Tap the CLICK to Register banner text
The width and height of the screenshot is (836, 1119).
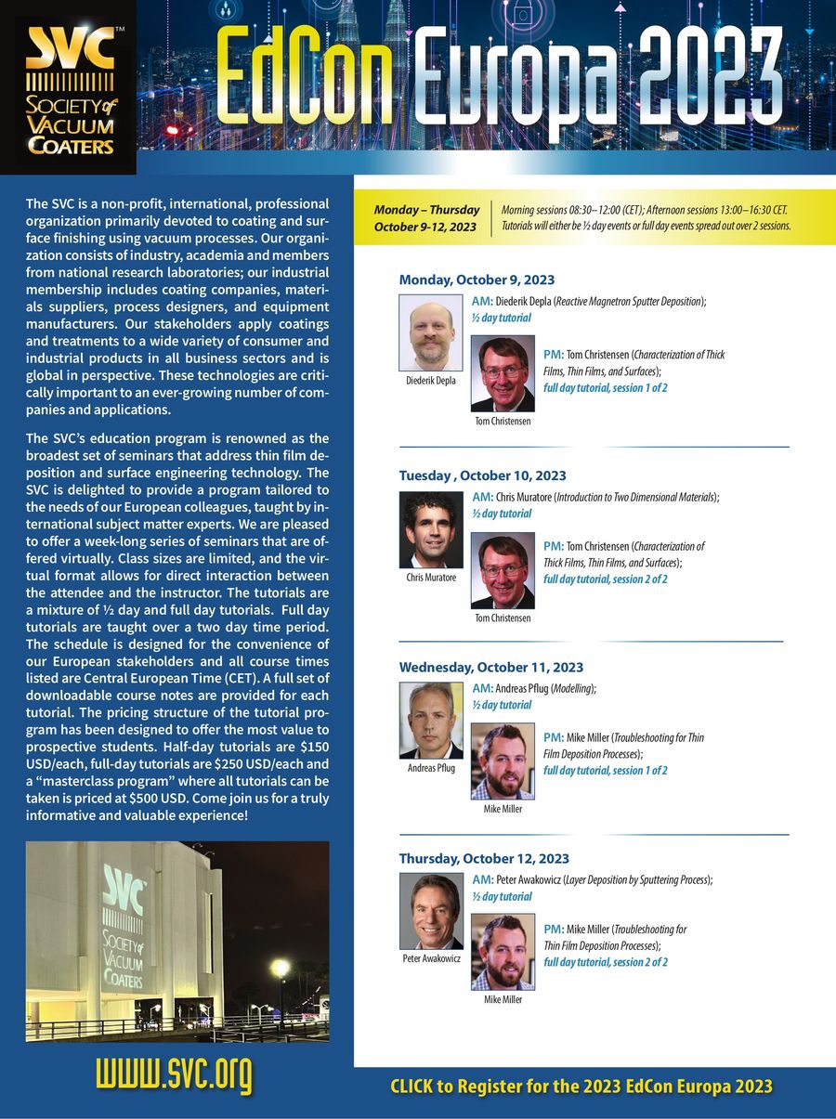(581, 1086)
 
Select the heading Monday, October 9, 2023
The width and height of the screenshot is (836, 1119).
(477, 280)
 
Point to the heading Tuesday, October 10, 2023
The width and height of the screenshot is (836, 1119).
(482, 475)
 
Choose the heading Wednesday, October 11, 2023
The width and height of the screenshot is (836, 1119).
(490, 667)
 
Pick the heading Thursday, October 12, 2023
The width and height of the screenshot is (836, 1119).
(484, 858)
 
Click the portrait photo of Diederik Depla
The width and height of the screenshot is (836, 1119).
(431, 332)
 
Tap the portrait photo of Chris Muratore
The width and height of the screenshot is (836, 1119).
(431, 529)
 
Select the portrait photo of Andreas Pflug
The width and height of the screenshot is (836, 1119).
(431, 721)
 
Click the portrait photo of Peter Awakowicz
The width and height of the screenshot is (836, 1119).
(431, 912)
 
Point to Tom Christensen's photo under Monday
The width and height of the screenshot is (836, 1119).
(503, 373)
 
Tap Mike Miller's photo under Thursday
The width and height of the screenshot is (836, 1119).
(503, 952)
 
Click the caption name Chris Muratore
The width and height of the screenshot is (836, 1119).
(431, 578)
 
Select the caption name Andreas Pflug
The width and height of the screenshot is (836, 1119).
(431, 768)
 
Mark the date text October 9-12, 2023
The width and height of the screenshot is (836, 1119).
(425, 227)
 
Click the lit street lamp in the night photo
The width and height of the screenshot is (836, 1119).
(280, 969)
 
